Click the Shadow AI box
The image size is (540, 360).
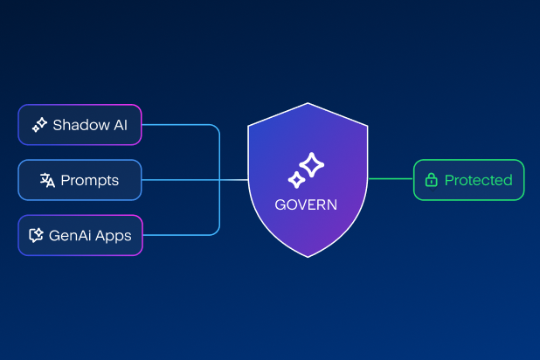pyautogui.click(x=80, y=125)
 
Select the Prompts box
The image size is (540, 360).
pyautogui.click(x=80, y=180)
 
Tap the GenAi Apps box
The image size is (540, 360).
pyautogui.click(x=80, y=235)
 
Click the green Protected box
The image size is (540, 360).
pyautogui.click(x=468, y=180)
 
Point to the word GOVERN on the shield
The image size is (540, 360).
pyautogui.click(x=306, y=204)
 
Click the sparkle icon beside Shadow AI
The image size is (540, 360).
pyautogui.click(x=39, y=125)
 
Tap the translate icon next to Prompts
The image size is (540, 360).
pyautogui.click(x=47, y=180)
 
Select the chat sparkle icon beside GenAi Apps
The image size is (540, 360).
pyautogui.click(x=36, y=235)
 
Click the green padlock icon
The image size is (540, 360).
pyautogui.click(x=431, y=180)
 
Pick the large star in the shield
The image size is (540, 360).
pyautogui.click(x=312, y=164)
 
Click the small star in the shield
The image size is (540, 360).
pyautogui.click(x=296, y=180)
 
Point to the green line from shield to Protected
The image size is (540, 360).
pyautogui.click(x=391, y=178)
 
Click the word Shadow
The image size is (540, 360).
pyautogui.click(x=81, y=125)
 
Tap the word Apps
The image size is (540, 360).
pyautogui.click(x=114, y=236)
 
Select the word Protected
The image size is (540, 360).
pyautogui.click(x=478, y=180)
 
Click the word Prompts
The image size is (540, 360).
pyautogui.click(x=89, y=181)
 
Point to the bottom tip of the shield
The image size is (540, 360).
pyautogui.click(x=308, y=257)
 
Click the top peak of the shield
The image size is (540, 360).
pyautogui.click(x=308, y=103)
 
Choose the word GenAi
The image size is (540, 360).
pyautogui.click(x=71, y=235)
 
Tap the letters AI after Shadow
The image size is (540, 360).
pyautogui.click(x=121, y=125)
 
